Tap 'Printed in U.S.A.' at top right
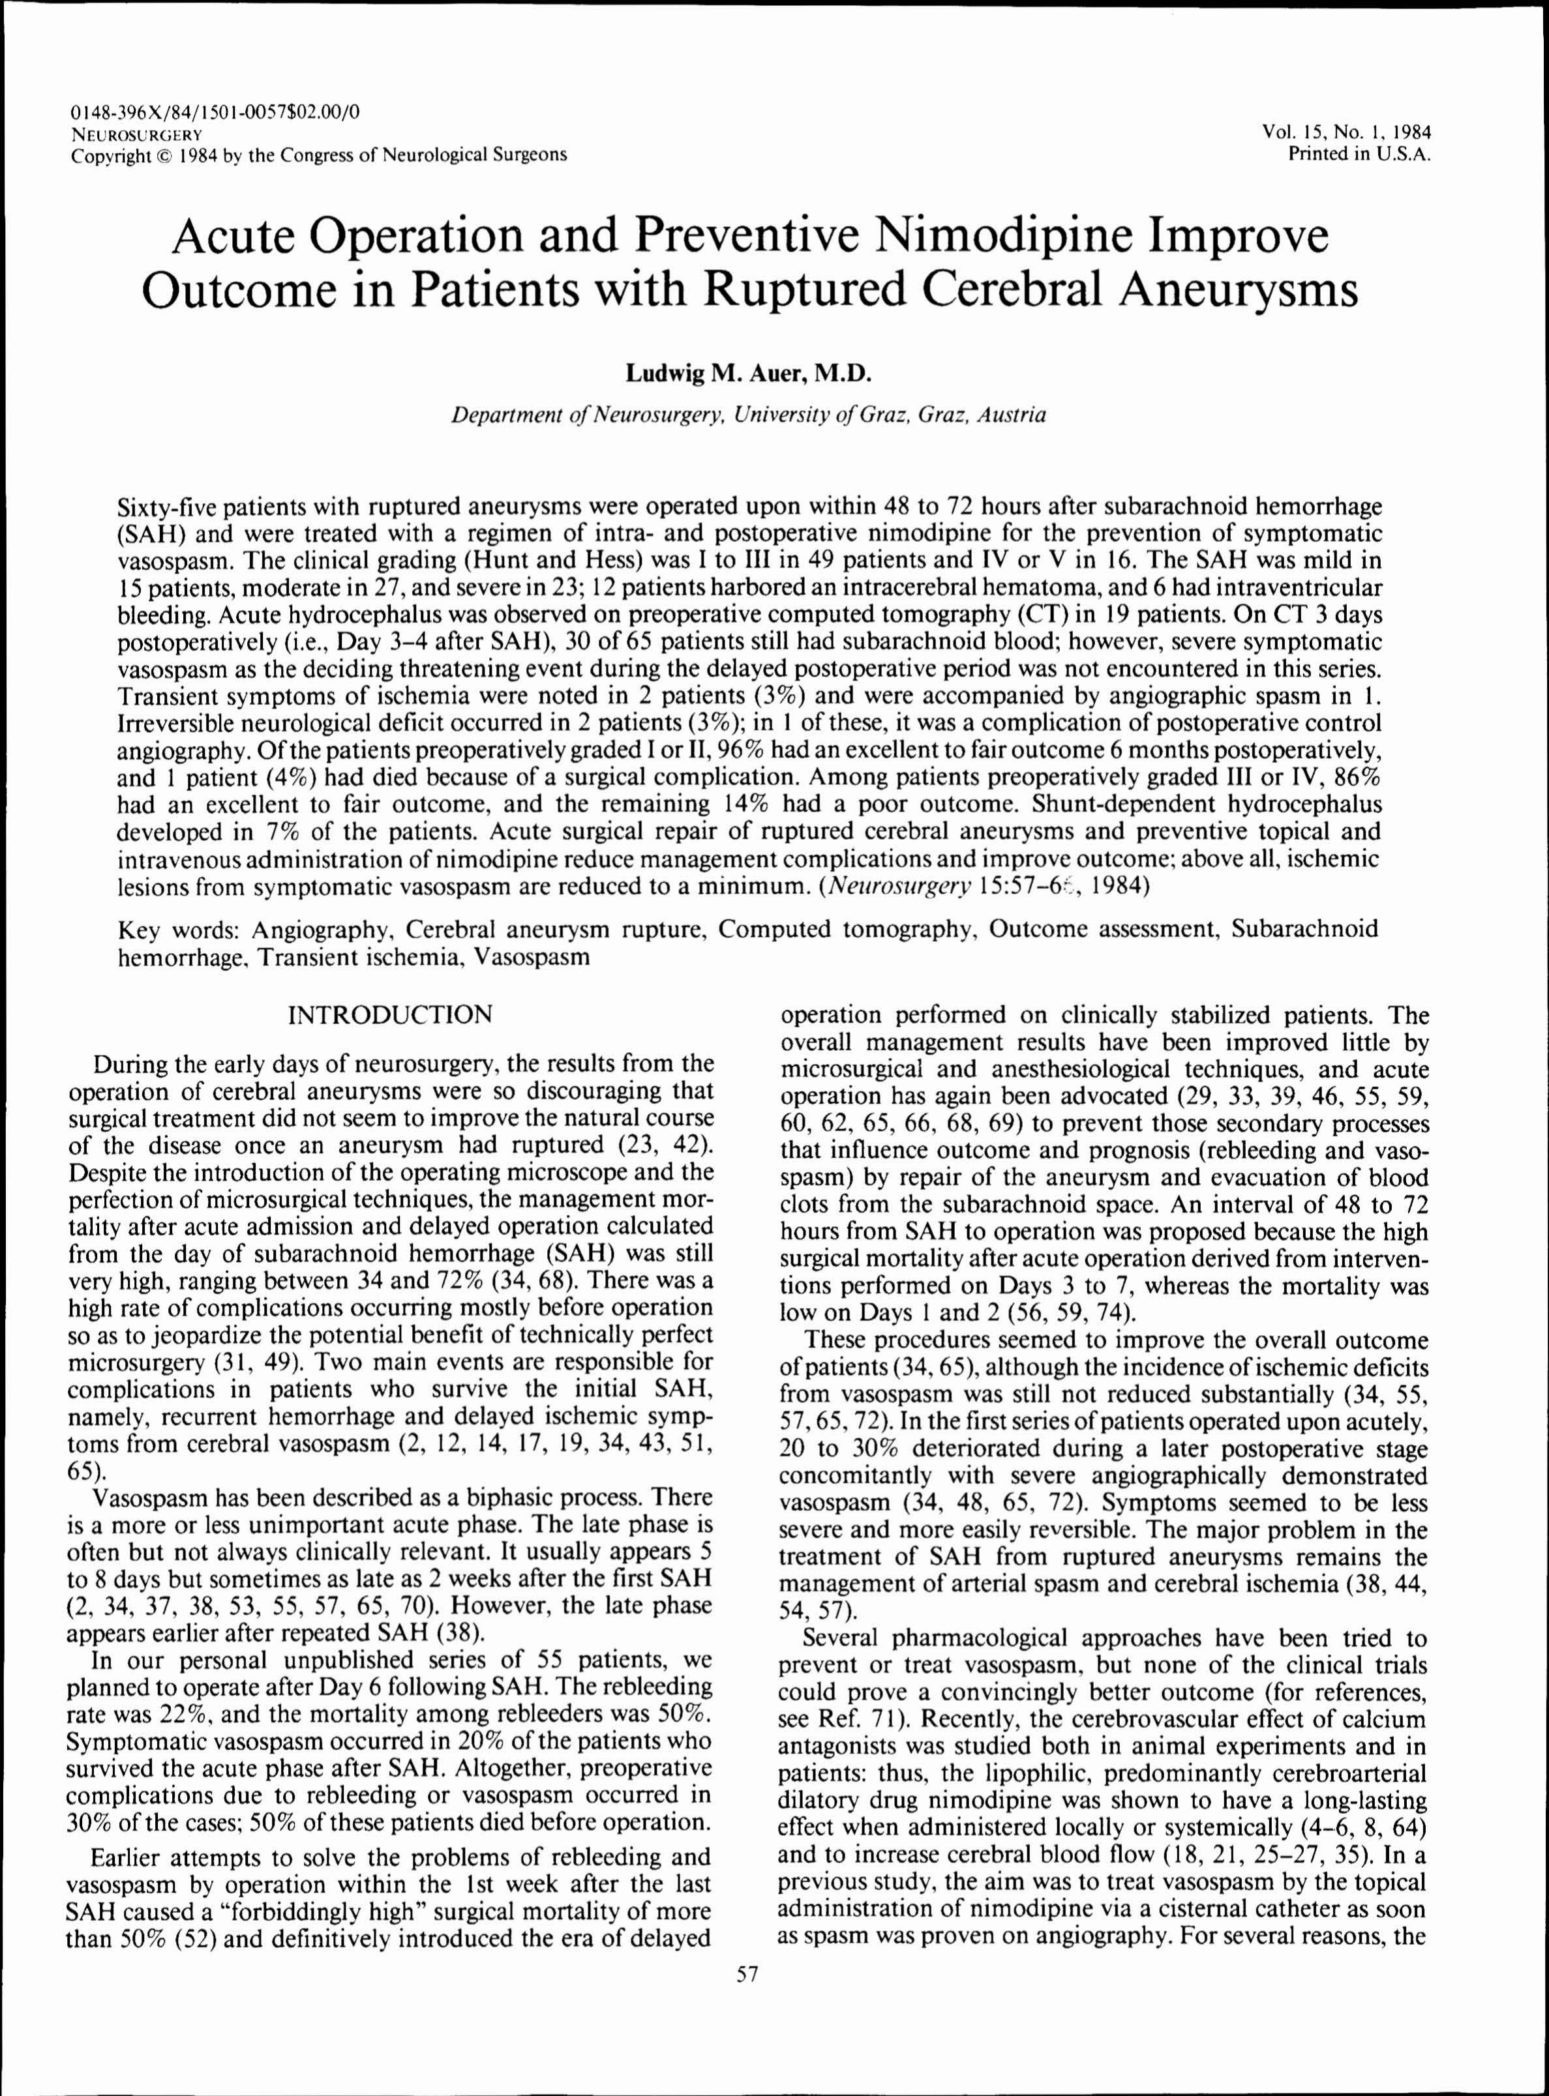(1360, 155)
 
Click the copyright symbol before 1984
(158, 155)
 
